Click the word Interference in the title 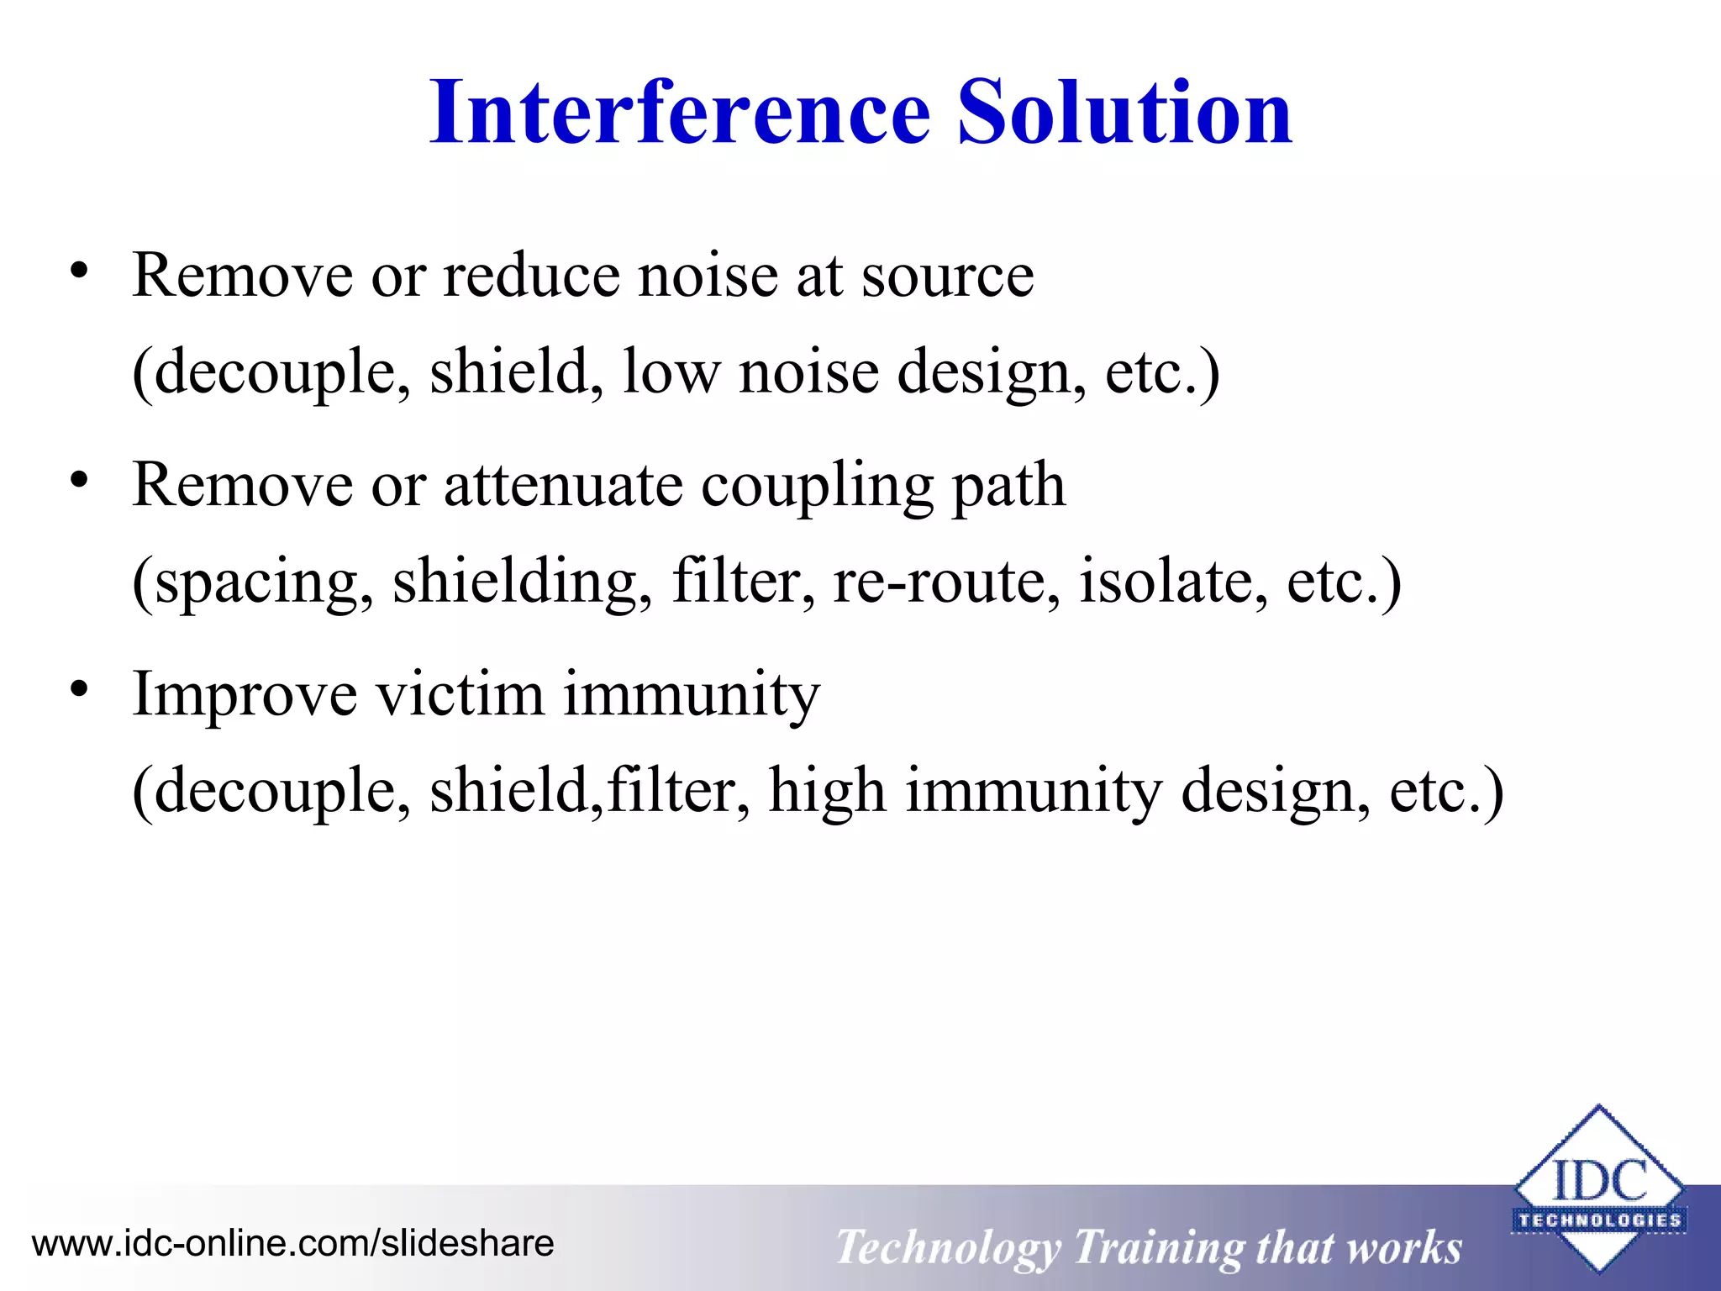point(679,113)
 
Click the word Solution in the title point(1124,113)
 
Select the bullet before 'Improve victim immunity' point(79,690)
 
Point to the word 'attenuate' point(563,486)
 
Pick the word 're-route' point(946,582)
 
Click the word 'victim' point(460,694)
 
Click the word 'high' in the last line point(827,792)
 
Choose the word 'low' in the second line point(671,371)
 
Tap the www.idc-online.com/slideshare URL point(292,1243)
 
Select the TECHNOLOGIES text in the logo point(1599,1220)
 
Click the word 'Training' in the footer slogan point(1159,1248)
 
